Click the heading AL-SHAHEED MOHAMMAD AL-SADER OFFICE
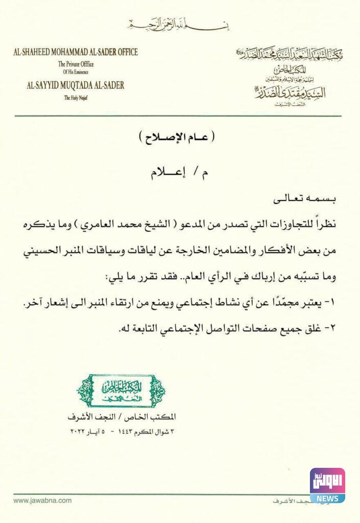[x=76, y=52]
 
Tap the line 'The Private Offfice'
[x=76, y=64]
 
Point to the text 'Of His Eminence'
[x=76, y=72]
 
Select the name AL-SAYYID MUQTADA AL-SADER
[x=76, y=85]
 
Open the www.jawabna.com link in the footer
[x=43, y=501]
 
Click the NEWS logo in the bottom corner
[x=327, y=485]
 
